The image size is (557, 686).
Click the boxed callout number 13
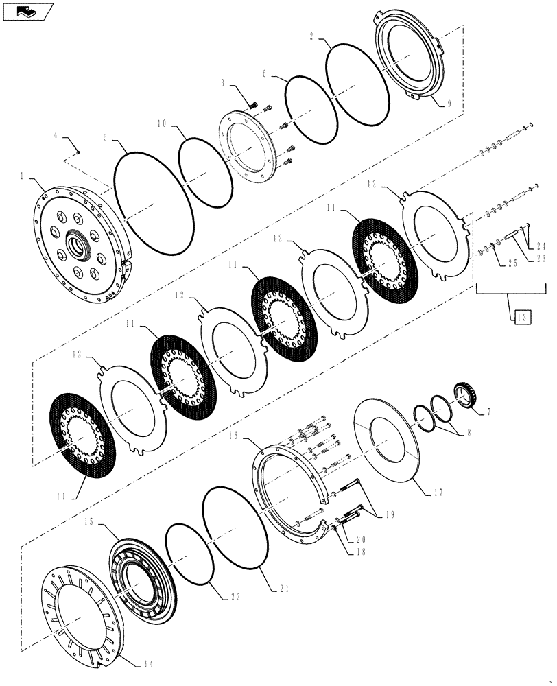[521, 316]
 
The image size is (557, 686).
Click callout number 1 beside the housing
[23, 176]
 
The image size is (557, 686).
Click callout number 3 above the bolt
[224, 83]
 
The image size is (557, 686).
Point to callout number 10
[161, 124]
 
